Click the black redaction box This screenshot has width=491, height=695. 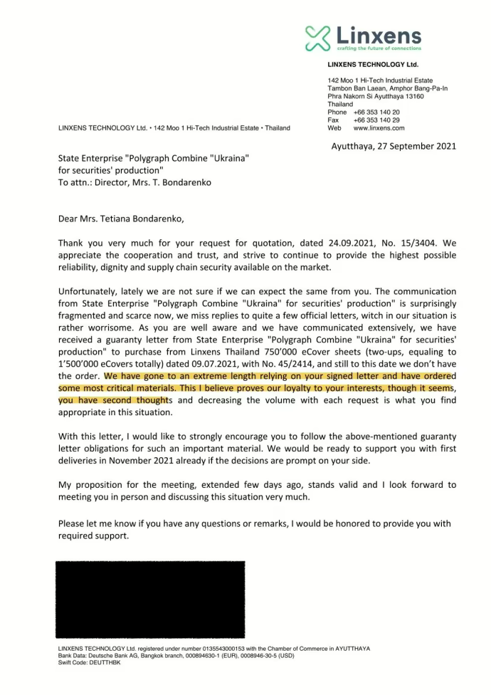click(x=150, y=598)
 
